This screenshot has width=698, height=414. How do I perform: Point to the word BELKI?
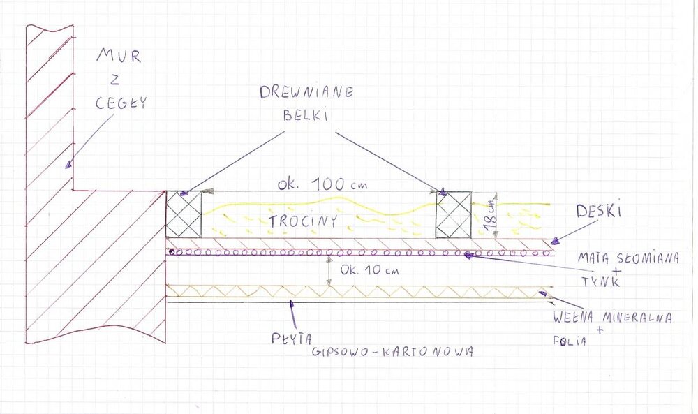[x=305, y=116]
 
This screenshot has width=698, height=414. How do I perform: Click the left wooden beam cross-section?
[x=184, y=214]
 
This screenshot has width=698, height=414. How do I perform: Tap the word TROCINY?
[x=295, y=221]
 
